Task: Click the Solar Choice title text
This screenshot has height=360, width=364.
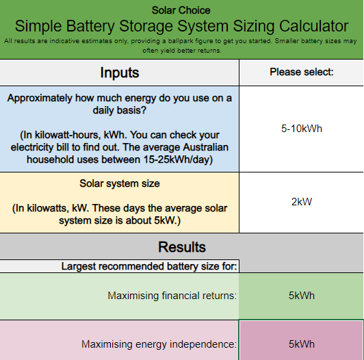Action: [x=181, y=10]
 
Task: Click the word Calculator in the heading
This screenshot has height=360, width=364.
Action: [x=314, y=26]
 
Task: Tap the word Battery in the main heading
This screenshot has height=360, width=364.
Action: [x=90, y=26]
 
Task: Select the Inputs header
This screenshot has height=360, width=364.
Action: [x=120, y=73]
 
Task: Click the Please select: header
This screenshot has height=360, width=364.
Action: [x=301, y=72]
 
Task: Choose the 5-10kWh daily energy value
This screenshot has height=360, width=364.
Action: [x=302, y=129]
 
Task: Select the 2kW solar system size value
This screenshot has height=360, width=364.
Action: [x=302, y=202]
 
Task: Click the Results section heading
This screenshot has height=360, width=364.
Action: [x=182, y=246]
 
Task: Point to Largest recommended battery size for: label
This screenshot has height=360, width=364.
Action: [x=149, y=266]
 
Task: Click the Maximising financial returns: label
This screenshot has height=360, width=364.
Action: [x=172, y=296]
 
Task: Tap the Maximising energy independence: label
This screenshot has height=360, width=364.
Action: [x=159, y=344]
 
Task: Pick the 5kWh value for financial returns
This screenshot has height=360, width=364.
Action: [x=302, y=296]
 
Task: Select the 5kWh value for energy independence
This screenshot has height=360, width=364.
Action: [x=302, y=344]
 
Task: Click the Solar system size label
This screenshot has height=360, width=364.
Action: [x=120, y=183]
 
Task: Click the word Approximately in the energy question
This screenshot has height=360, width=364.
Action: [x=40, y=99]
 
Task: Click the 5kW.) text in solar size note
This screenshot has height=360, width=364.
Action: [x=167, y=220]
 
